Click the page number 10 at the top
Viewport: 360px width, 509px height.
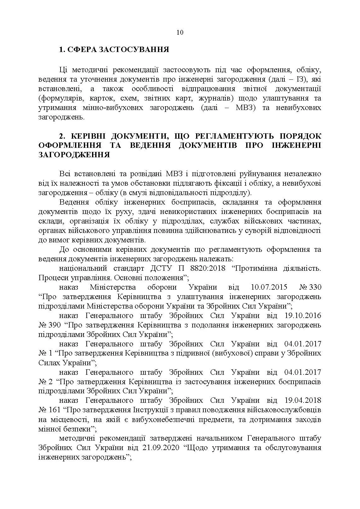180,32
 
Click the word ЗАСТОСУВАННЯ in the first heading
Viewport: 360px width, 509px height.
134,49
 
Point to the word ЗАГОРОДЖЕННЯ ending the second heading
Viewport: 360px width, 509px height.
74,155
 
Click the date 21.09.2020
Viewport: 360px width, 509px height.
161,448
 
